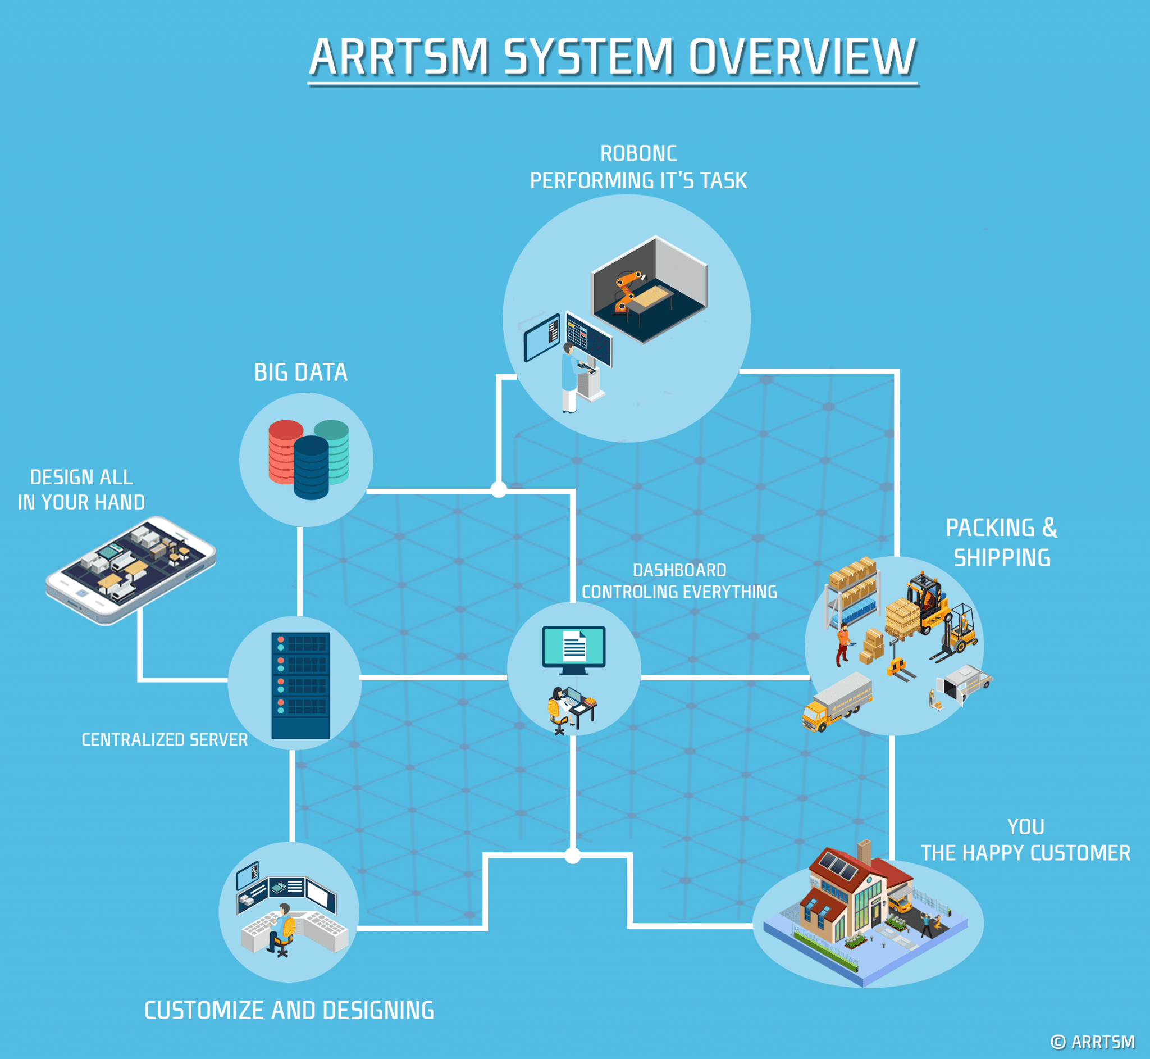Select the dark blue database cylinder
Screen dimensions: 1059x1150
(x=311, y=467)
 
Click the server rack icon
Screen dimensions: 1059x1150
(x=300, y=685)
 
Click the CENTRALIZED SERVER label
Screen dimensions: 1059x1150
(x=165, y=740)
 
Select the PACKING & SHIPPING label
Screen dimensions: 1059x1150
(x=1001, y=542)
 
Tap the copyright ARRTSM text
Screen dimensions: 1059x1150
(x=1093, y=1042)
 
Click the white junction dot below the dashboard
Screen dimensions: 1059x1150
(x=572, y=856)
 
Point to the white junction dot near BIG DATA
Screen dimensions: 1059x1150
(x=499, y=489)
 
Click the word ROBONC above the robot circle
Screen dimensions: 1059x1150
(x=638, y=153)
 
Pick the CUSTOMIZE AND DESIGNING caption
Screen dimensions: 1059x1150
(x=289, y=1010)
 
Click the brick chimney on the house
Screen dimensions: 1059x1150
(x=864, y=852)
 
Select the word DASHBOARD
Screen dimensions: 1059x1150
(x=679, y=570)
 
